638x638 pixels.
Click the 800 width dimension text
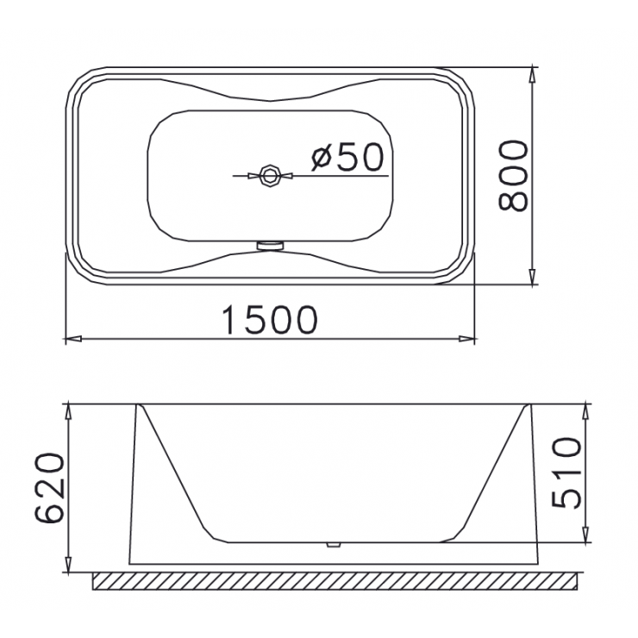point(514,175)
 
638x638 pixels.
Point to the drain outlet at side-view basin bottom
point(331,545)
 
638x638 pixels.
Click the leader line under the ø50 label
point(345,176)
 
